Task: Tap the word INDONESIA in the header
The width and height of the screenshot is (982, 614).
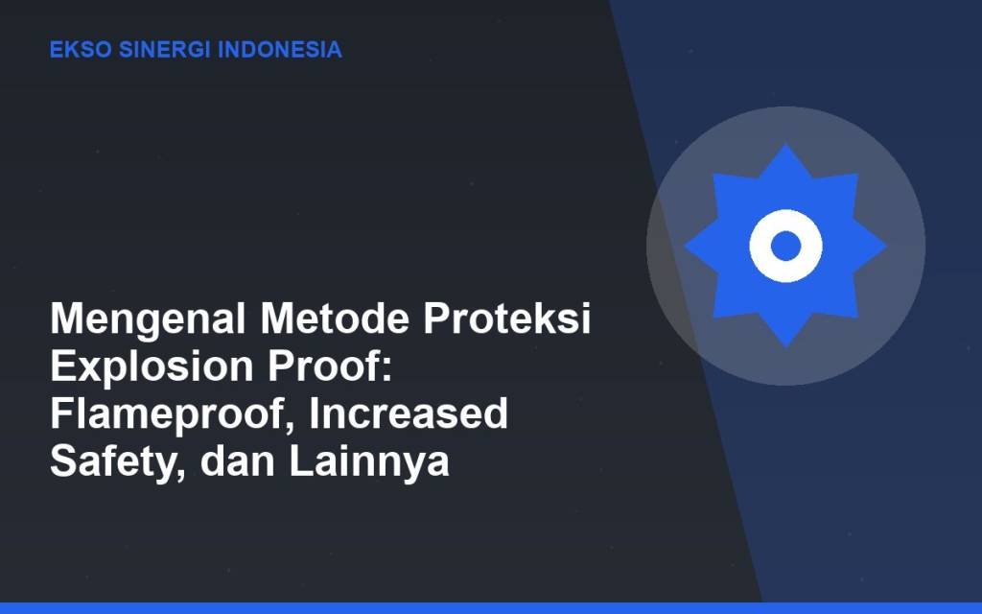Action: [x=280, y=50]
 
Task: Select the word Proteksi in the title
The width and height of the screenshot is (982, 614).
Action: [x=507, y=319]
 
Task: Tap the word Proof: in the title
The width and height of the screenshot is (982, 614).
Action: [x=330, y=366]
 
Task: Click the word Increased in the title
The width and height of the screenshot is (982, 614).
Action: [x=409, y=413]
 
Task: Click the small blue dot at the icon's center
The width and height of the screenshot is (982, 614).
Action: [x=786, y=246]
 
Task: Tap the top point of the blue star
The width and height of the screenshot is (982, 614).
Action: [x=786, y=145]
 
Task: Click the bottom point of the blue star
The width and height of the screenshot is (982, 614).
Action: [x=786, y=347]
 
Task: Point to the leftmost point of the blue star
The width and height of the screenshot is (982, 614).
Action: [x=685, y=246]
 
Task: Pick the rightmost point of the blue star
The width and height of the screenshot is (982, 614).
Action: [x=887, y=246]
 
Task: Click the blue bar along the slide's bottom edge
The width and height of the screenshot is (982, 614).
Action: [x=491, y=608]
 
